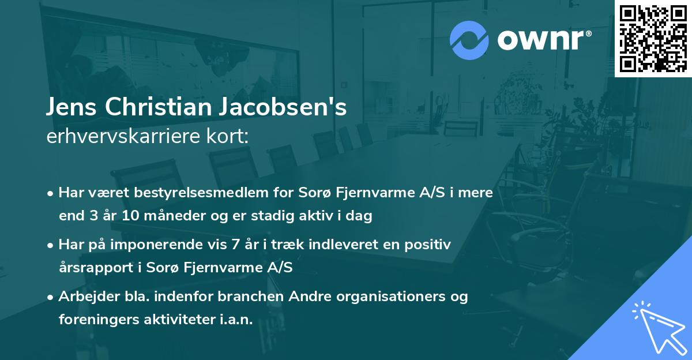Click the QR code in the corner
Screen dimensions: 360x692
pyautogui.click(x=653, y=38)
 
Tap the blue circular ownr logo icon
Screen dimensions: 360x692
pyautogui.click(x=469, y=40)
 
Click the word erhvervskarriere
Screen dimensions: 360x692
pyautogui.click(x=121, y=137)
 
